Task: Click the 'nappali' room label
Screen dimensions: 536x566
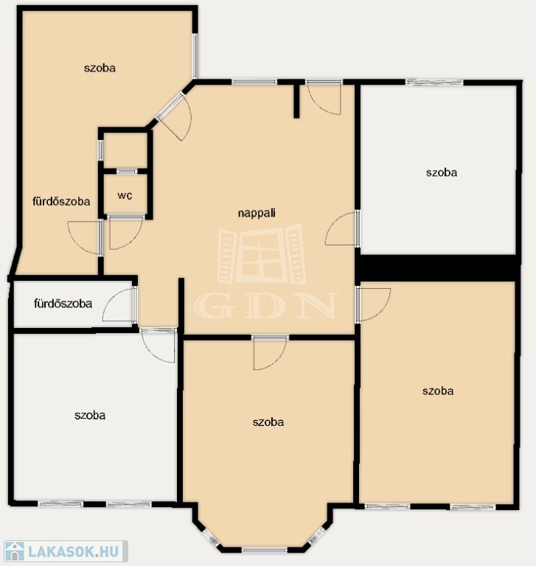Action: tap(257, 213)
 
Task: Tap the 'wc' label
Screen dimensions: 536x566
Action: tap(125, 195)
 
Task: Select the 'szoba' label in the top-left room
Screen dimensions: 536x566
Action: tap(100, 68)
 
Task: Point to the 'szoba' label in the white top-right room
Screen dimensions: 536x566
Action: tap(442, 172)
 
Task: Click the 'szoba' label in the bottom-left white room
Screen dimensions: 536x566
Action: tap(90, 415)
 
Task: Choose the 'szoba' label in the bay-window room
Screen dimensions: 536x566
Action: tap(268, 422)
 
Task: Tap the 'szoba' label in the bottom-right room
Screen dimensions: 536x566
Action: tap(438, 391)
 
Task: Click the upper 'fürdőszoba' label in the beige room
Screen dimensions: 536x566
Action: tap(61, 201)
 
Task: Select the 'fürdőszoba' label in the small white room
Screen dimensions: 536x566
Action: tap(63, 303)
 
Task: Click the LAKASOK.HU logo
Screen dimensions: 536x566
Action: tap(66, 551)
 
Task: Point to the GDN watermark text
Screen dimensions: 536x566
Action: tap(266, 305)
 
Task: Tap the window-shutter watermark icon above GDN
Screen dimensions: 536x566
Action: tap(262, 254)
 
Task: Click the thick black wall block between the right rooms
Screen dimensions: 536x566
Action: tap(437, 268)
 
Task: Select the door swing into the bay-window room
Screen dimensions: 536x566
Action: tap(270, 353)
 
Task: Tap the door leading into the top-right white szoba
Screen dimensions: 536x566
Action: tap(341, 228)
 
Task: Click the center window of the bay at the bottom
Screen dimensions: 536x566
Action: tap(265, 550)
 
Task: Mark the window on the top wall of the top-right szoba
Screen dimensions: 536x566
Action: tap(434, 83)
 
